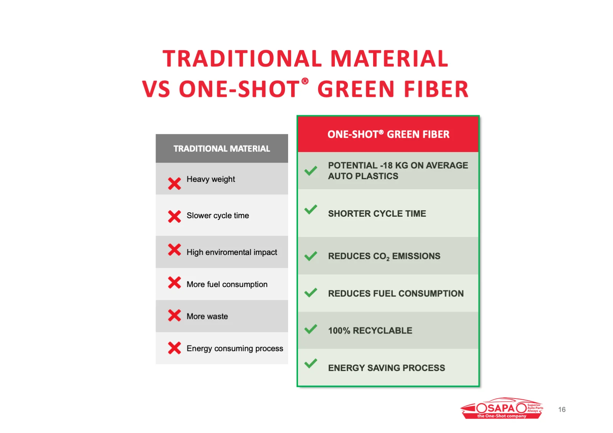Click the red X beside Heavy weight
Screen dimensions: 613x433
coord(174,183)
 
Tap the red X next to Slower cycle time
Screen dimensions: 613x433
coord(174,216)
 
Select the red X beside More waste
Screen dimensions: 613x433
coord(174,315)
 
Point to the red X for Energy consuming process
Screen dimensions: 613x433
coord(174,348)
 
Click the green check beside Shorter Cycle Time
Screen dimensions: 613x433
coord(311,209)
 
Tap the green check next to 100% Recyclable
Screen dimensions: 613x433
coord(311,329)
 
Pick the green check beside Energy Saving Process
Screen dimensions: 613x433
coord(311,364)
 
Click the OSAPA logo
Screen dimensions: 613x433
coord(502,408)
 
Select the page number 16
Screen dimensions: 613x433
coord(562,410)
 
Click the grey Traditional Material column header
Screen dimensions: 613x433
coord(222,148)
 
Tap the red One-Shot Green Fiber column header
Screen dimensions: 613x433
coord(388,134)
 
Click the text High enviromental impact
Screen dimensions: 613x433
coord(232,252)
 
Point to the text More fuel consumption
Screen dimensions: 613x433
coord(227,284)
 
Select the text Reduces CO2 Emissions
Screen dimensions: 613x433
coord(384,256)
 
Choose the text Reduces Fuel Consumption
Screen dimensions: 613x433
coord(396,294)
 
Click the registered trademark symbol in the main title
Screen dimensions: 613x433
coord(305,81)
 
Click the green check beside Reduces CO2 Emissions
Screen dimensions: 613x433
coord(311,256)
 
